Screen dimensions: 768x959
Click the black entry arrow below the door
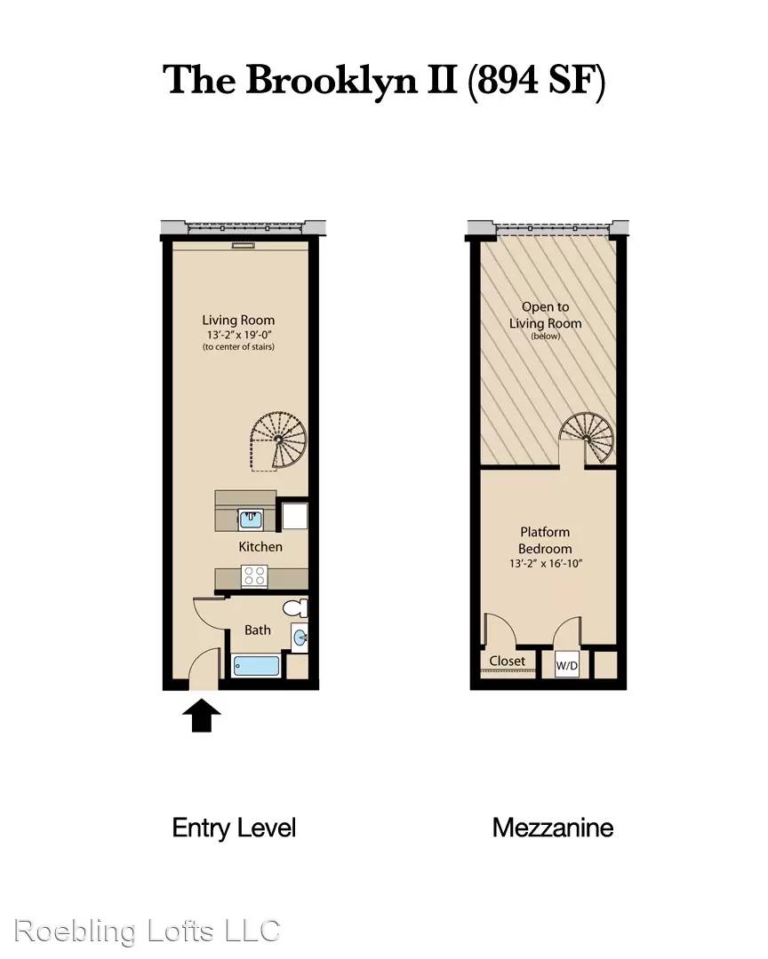(x=202, y=716)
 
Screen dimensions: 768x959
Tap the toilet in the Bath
(x=295, y=608)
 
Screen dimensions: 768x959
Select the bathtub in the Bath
(x=257, y=665)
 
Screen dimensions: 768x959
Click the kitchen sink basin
(x=251, y=519)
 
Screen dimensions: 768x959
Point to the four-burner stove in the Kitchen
(x=254, y=576)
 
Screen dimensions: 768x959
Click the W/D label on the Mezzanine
(x=566, y=665)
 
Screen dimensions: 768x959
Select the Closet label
(x=507, y=661)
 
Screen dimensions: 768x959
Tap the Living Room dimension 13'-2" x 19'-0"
(x=239, y=335)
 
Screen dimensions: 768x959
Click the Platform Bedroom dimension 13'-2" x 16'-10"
(x=545, y=563)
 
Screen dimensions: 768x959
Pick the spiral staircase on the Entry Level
(x=278, y=440)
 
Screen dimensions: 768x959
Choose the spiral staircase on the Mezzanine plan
(x=587, y=438)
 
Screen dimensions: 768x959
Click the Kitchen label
(x=260, y=546)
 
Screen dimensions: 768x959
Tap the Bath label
(x=257, y=630)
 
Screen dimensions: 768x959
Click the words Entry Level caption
(x=234, y=828)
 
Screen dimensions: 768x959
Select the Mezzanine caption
(x=552, y=828)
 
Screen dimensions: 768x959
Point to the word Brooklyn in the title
(x=332, y=81)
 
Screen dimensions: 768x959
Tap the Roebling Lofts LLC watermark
(x=147, y=931)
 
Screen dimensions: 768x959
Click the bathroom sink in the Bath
(x=300, y=638)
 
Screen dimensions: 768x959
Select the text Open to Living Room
(x=545, y=315)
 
